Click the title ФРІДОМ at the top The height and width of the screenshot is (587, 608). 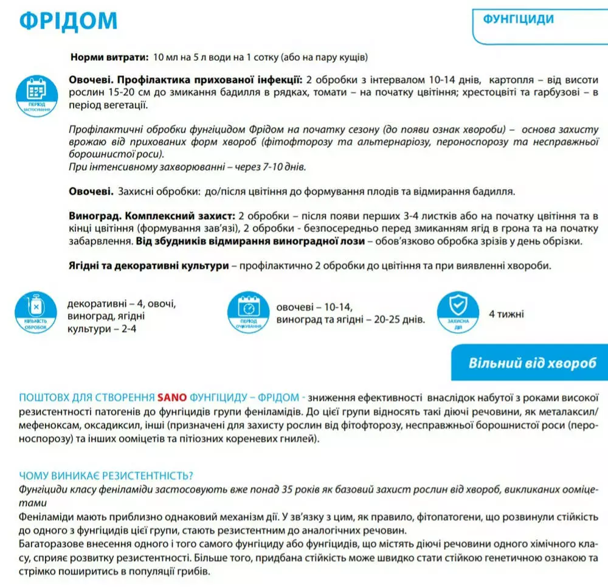[68, 21]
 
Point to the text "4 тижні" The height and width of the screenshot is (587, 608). [506, 314]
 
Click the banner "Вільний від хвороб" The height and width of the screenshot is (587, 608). [537, 363]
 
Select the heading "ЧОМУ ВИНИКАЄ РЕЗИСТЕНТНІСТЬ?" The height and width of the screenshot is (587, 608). [107, 476]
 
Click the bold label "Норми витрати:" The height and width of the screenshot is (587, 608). [109, 57]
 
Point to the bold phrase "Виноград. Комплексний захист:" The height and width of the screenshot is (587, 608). [152, 217]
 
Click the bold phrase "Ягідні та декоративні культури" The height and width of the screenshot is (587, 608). [148, 266]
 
